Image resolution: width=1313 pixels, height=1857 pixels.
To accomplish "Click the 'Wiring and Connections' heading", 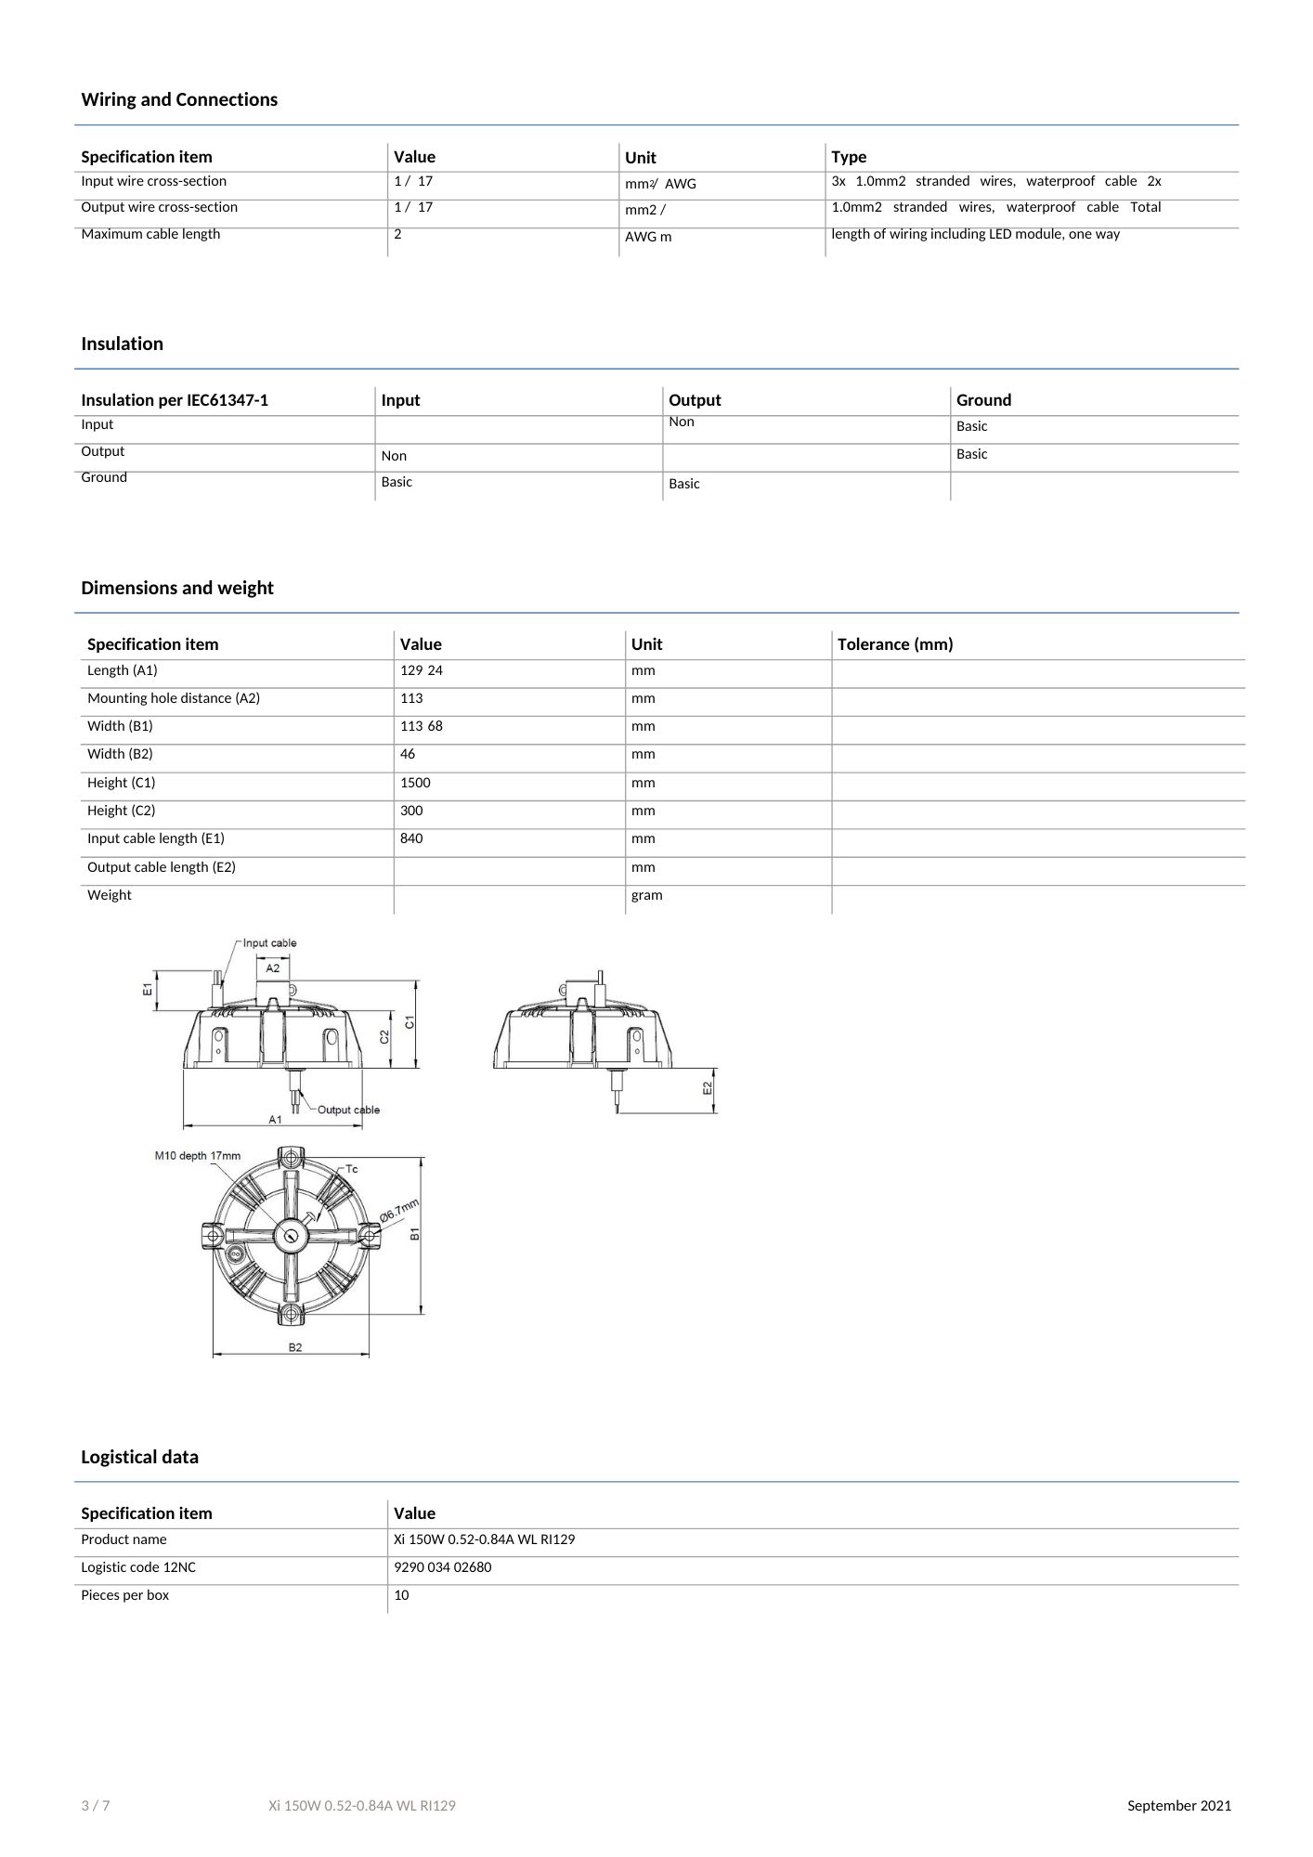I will tap(179, 99).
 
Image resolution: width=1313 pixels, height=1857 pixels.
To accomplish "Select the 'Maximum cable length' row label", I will tap(150, 234).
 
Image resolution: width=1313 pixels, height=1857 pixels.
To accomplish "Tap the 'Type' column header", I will tap(849, 157).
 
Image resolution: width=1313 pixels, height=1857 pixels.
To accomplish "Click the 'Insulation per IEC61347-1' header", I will tap(175, 400).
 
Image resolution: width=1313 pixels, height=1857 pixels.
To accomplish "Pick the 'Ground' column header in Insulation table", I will tap(983, 400).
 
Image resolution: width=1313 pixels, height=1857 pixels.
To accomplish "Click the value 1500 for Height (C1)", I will tap(415, 783).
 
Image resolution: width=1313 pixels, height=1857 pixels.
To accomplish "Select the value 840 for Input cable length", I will tap(411, 838).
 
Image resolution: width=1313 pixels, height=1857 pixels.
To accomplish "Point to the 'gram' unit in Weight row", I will tap(647, 895).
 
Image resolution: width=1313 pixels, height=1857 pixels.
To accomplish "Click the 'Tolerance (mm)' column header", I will tap(895, 644).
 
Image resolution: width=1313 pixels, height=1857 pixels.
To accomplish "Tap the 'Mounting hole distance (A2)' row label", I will tap(174, 698).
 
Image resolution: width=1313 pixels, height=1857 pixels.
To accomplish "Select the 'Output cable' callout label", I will tap(348, 1110).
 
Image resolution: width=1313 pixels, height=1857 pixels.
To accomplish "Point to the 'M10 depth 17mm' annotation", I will tap(197, 1156).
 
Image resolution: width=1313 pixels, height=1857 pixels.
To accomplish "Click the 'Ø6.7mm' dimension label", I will tap(399, 1209).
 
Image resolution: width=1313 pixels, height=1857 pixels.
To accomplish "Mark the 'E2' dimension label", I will tap(708, 1087).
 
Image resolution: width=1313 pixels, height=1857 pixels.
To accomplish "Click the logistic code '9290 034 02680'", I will tap(443, 1567).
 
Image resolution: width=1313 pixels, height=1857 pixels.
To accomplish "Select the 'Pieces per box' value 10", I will tap(401, 1595).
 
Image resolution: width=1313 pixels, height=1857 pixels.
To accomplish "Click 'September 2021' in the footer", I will tap(1179, 1806).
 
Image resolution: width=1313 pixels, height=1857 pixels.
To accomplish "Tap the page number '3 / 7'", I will tap(96, 1806).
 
